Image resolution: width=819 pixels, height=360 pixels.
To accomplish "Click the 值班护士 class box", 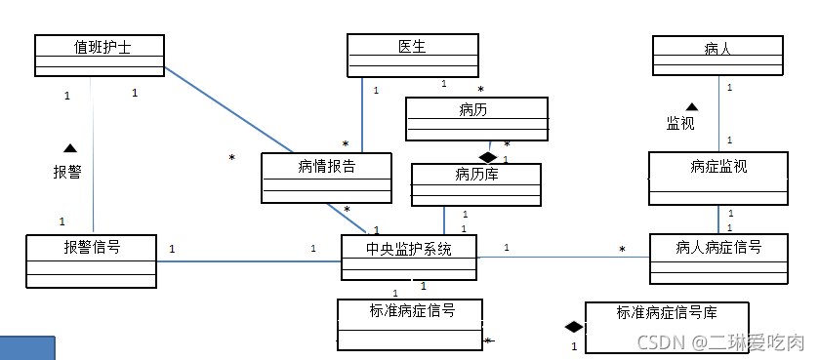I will [x=99, y=56].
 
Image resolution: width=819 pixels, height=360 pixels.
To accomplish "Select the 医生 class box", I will [x=412, y=56].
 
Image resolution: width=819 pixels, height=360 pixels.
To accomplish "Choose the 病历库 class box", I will [x=475, y=184].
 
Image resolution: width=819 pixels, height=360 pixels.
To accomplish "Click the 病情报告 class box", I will [x=326, y=178].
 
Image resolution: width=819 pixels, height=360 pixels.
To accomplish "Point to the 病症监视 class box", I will [x=717, y=178].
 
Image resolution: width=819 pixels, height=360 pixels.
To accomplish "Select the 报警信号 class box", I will [x=91, y=260].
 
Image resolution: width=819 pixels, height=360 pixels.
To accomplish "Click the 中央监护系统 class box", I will [x=408, y=258].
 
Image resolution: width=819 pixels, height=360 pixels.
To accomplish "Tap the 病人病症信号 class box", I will [x=717, y=258].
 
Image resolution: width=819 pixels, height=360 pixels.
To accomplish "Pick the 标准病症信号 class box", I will [x=410, y=324].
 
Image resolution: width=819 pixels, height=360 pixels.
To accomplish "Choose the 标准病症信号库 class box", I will [x=667, y=327].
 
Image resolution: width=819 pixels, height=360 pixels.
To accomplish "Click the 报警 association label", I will [x=67, y=173].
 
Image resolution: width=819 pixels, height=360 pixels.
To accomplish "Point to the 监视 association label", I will [x=680, y=124].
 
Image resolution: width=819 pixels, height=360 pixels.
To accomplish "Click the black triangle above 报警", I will [x=69, y=148].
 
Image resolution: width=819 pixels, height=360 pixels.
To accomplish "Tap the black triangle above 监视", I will [x=691, y=106].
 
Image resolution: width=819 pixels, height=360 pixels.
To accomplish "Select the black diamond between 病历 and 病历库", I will [x=488, y=156].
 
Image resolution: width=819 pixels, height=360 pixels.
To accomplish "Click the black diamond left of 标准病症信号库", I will [x=573, y=327].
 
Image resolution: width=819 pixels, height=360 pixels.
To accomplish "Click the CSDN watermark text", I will [x=719, y=342].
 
